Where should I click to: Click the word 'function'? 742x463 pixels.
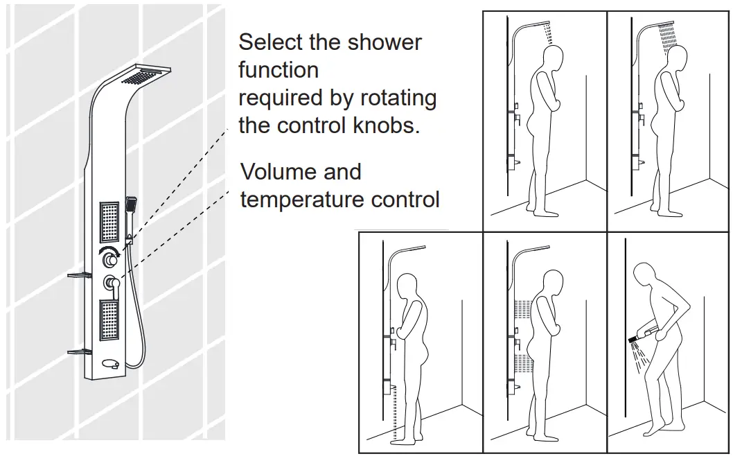pyautogui.click(x=279, y=70)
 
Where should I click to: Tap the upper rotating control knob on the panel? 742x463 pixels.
pyautogui.click(x=110, y=261)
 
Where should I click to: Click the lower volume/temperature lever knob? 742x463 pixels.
pyautogui.click(x=111, y=283)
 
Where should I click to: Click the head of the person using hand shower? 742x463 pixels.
pyautogui.click(x=648, y=277)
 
